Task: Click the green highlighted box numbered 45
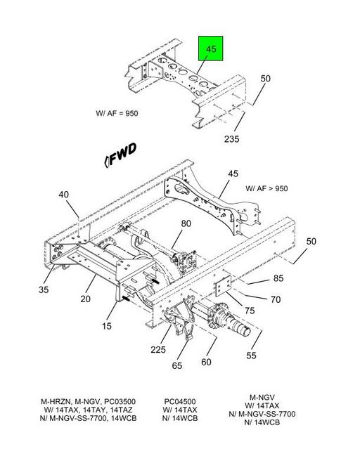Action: pos(211,48)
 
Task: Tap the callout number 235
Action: pos(231,139)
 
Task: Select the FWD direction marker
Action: pos(120,155)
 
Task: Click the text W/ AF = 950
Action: pos(117,113)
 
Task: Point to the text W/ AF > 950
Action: pos(266,189)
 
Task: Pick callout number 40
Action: pos(63,195)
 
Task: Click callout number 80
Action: pos(186,223)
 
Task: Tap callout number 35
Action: pos(44,289)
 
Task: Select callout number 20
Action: pos(85,299)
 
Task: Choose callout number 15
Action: pos(107,326)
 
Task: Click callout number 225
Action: pos(158,350)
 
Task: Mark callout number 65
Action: pos(177,365)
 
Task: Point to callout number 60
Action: pos(206,363)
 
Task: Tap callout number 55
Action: pos(251,356)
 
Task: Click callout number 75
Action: pos(250,311)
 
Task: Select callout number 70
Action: pos(276,300)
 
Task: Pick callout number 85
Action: pos(278,278)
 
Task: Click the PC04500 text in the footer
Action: pos(180,402)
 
